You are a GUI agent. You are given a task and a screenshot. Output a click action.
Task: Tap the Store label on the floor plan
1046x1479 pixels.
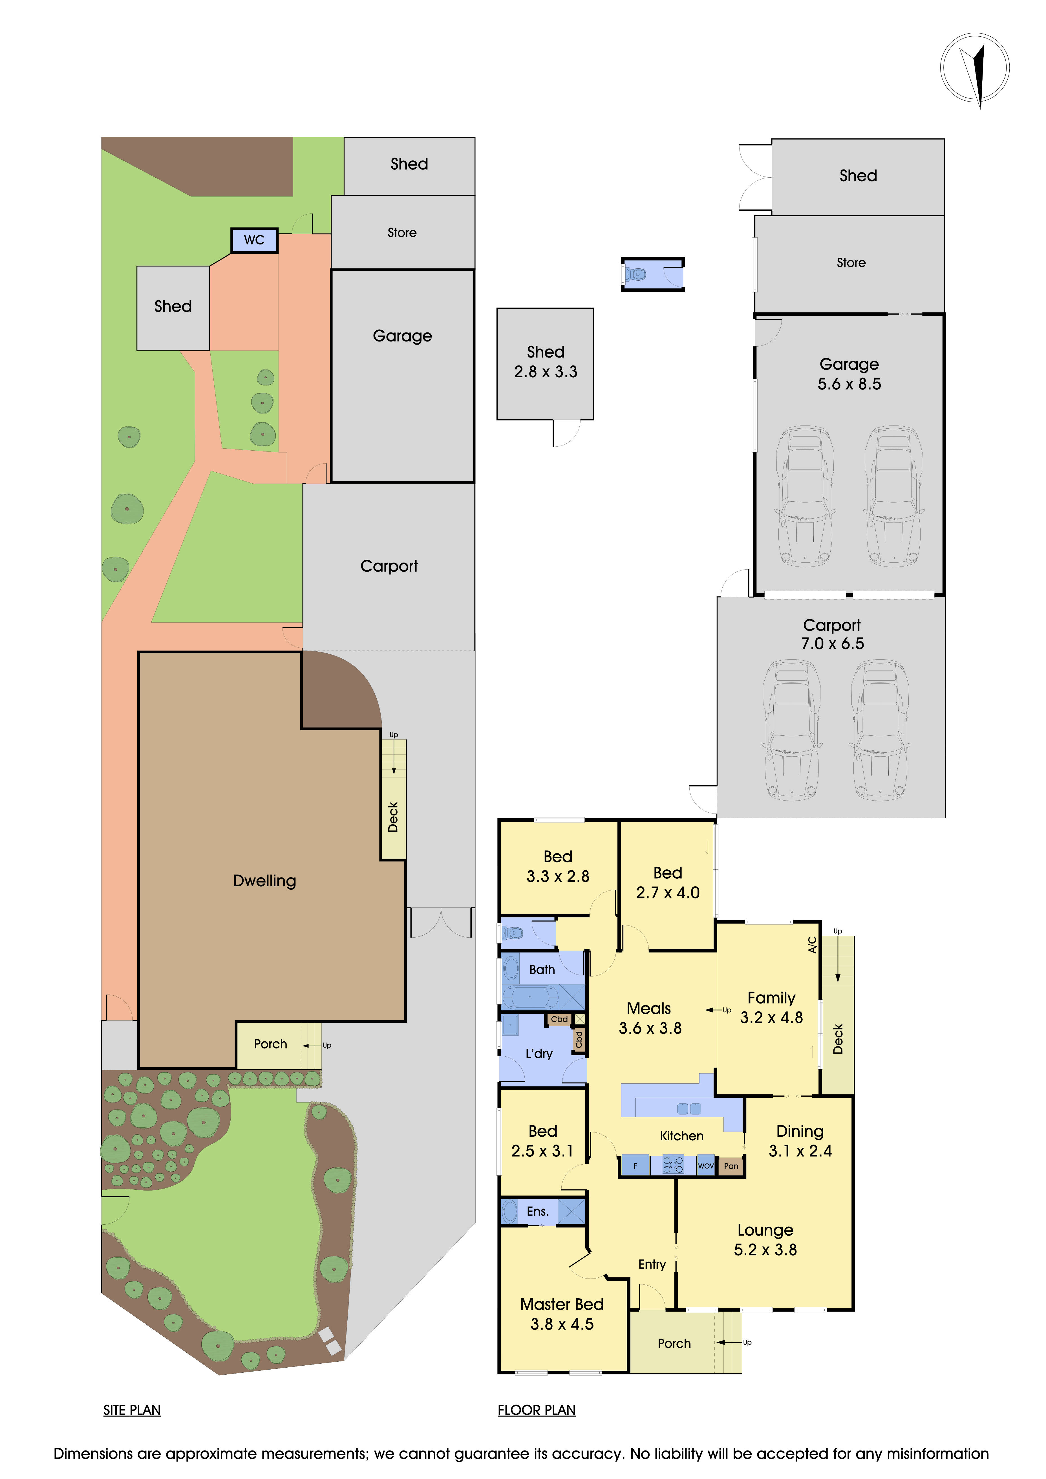click(851, 263)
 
